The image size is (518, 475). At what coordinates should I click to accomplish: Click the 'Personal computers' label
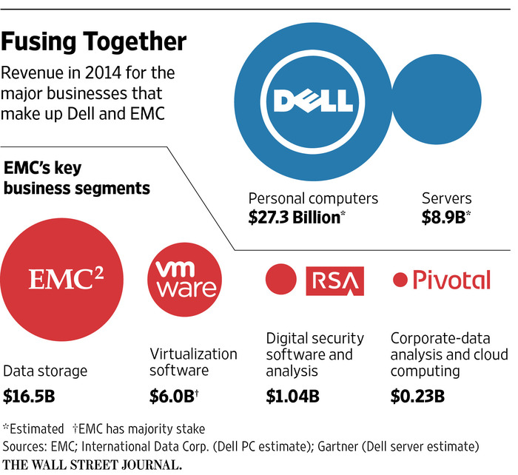pos(313,198)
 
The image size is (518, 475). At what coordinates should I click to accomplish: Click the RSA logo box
pos(335,279)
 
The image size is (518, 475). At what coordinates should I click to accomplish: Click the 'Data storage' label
pos(45,370)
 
